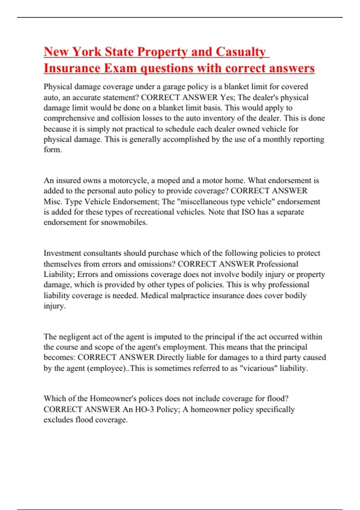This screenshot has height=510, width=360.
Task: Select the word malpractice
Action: pos(190,295)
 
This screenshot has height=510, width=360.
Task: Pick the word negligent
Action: pos(74,337)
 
